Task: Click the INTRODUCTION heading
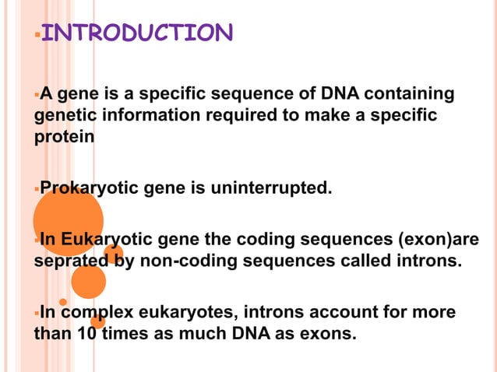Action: click(x=136, y=33)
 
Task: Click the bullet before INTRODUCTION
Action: click(x=36, y=34)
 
